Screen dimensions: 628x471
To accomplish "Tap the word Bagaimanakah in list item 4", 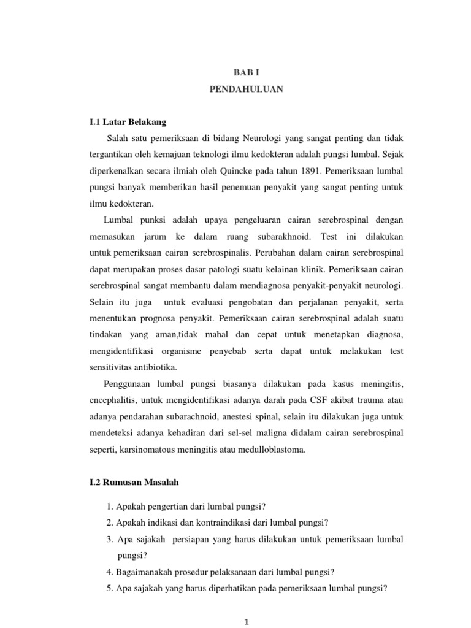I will click(x=142, y=572).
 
